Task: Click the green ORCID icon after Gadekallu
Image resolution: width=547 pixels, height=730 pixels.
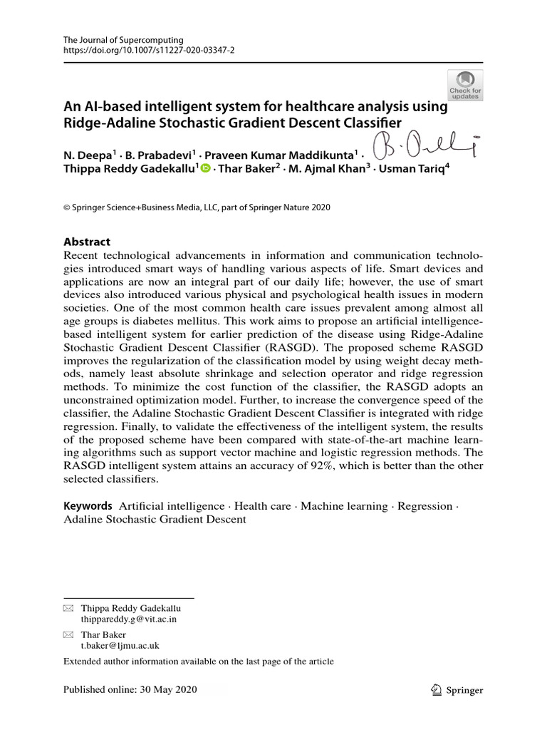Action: pyautogui.click(x=205, y=168)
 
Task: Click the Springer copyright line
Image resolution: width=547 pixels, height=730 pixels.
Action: pyautogui.click(x=197, y=207)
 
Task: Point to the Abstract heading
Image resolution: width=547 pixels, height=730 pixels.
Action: pyautogui.click(x=87, y=242)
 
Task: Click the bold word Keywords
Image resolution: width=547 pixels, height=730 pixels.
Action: pyautogui.click(x=88, y=505)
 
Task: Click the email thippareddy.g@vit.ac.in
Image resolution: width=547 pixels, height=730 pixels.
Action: pyautogui.click(x=129, y=619)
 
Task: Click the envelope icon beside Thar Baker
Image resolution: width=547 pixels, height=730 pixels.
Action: pyautogui.click(x=68, y=634)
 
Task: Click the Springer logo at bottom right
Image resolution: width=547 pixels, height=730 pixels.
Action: pyautogui.click(x=457, y=689)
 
